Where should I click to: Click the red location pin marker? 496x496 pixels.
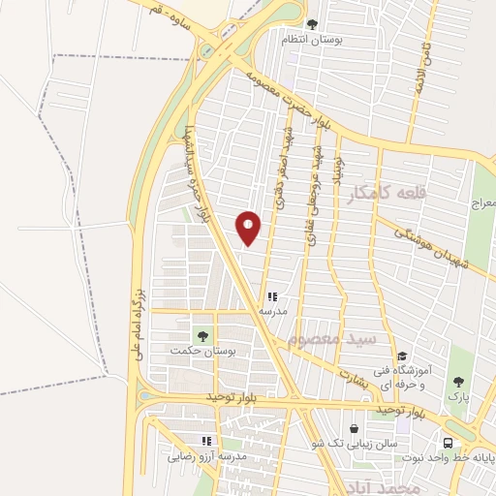(249, 228)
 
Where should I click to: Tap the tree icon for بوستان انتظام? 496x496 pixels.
(311, 24)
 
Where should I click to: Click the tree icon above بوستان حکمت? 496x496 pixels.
(201, 334)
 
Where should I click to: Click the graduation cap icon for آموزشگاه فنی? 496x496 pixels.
(402, 356)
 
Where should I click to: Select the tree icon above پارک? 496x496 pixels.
(457, 382)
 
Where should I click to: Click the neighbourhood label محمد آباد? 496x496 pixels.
(387, 487)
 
